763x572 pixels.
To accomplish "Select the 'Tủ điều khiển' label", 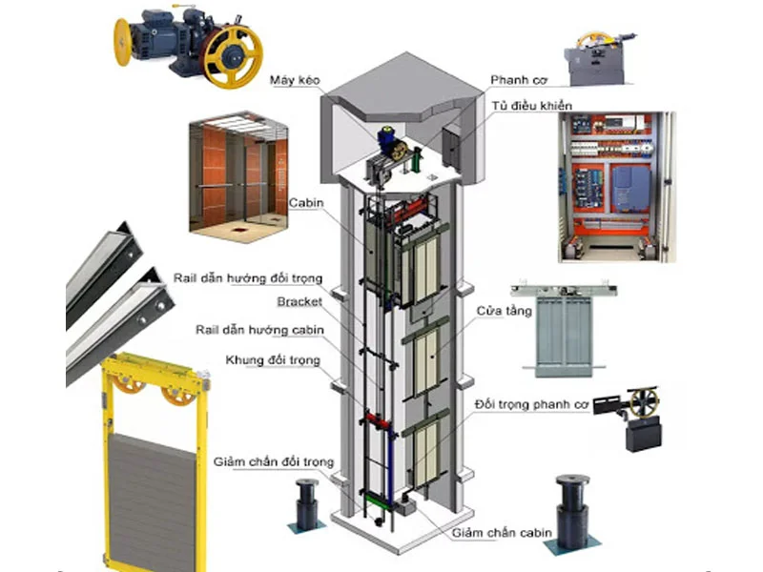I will (532, 106).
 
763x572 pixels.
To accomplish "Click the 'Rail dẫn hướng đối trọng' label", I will (248, 278).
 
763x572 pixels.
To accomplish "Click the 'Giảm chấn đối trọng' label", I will (274, 462).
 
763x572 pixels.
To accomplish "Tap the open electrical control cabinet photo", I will (615, 186).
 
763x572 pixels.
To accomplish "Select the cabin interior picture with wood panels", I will (237, 176).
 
